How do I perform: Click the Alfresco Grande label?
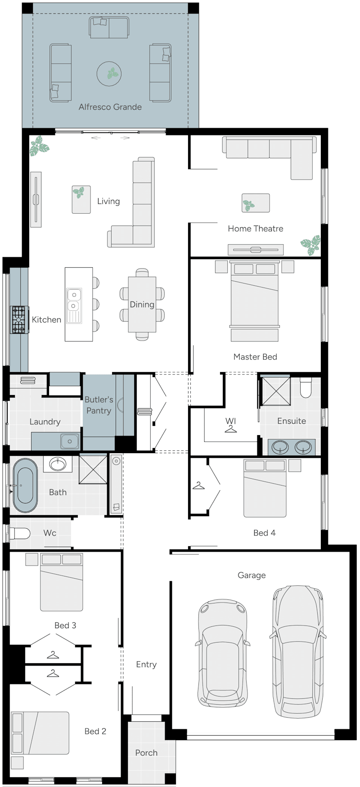click(x=110, y=107)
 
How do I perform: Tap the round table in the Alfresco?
click(x=109, y=73)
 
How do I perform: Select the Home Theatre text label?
click(x=256, y=229)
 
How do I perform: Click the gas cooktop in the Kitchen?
click(x=18, y=319)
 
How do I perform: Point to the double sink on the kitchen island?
click(x=73, y=306)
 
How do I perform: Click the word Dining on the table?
click(x=142, y=305)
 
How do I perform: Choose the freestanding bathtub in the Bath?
click(x=25, y=486)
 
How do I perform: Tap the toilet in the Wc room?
click(x=19, y=534)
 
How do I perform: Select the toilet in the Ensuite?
click(x=306, y=387)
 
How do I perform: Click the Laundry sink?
click(x=70, y=441)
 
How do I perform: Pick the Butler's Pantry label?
click(x=99, y=405)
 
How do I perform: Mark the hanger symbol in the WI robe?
click(x=231, y=429)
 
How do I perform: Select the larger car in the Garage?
click(x=298, y=651)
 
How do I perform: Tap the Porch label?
click(x=146, y=753)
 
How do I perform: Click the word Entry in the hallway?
click(x=146, y=665)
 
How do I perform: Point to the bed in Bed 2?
click(x=40, y=733)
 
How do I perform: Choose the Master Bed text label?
click(x=255, y=357)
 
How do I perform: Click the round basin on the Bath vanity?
click(x=58, y=463)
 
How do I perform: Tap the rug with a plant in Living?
click(x=81, y=199)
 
